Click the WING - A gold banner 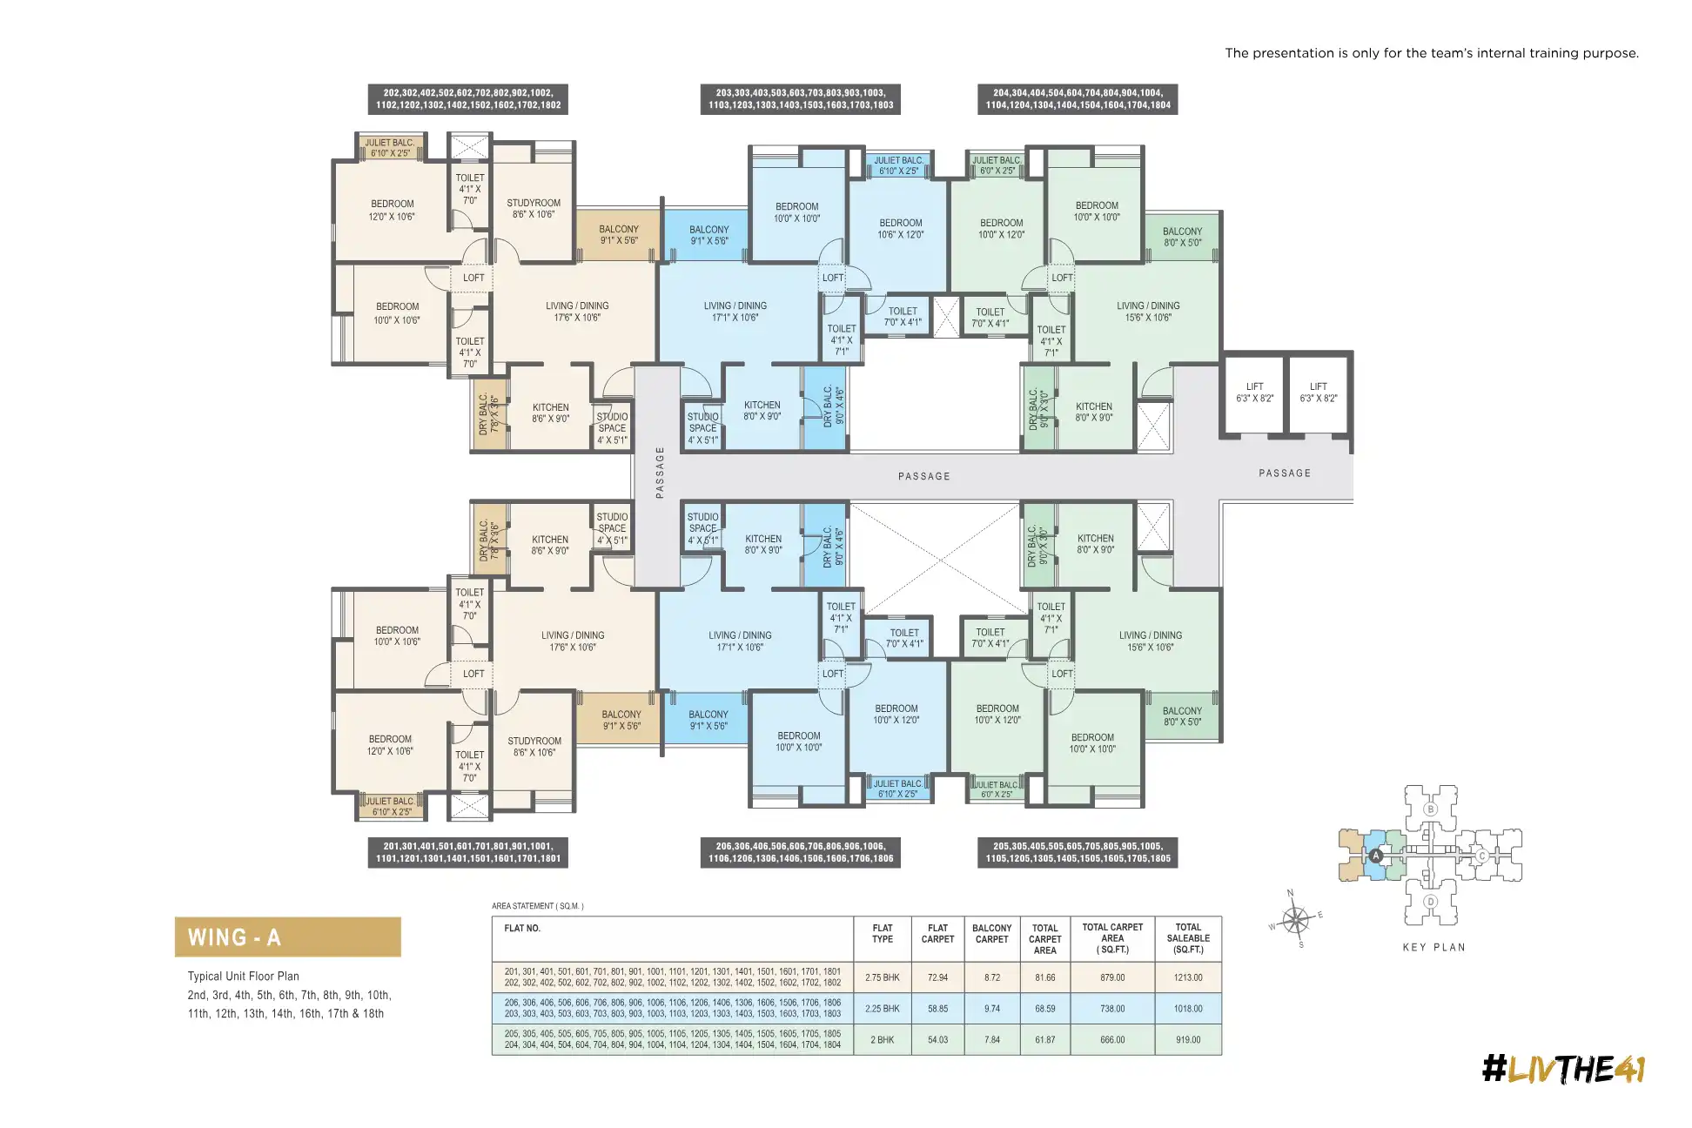[x=287, y=937]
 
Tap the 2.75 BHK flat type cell [x=882, y=977]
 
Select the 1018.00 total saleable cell [x=1187, y=1009]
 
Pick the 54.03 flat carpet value [x=937, y=1040]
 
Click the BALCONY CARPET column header [x=991, y=934]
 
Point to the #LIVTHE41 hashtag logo [x=1563, y=1069]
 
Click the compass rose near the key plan [x=1295, y=919]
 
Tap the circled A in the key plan [x=1376, y=856]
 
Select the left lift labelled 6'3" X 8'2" [x=1254, y=393]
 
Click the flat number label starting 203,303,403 [x=800, y=98]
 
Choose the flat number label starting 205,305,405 [x=1078, y=852]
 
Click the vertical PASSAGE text [x=660, y=473]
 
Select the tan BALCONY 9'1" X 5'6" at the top [x=619, y=235]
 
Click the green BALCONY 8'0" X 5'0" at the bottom [x=1182, y=716]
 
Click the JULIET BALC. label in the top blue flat [x=898, y=165]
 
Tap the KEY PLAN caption [x=1433, y=947]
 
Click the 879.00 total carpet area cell [x=1111, y=977]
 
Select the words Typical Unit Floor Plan [x=243, y=977]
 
